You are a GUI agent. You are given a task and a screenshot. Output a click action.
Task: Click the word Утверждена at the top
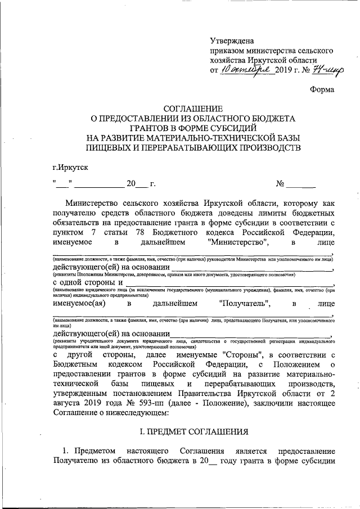[x=231, y=40]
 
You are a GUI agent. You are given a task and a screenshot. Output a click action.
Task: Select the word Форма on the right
[x=322, y=89]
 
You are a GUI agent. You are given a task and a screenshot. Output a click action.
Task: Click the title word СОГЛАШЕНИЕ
[x=193, y=109]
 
